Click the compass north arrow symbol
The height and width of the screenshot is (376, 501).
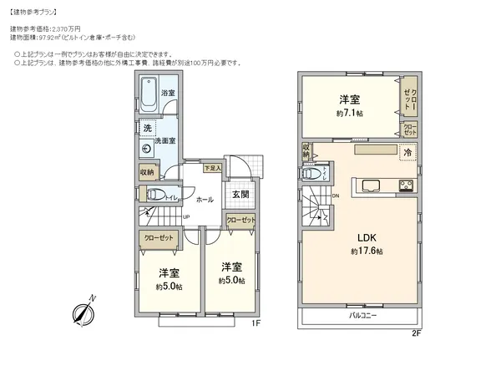tap(83, 312)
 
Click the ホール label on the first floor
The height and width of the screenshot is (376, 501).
tap(205, 201)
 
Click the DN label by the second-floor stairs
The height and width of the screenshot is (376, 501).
tap(336, 196)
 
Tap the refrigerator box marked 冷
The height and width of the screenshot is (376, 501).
tap(407, 153)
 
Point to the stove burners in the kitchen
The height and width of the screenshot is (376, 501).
tap(407, 185)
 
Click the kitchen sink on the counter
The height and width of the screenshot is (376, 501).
tap(371, 185)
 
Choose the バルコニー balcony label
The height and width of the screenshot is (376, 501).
tap(362, 316)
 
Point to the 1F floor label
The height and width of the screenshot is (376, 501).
tap(256, 323)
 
